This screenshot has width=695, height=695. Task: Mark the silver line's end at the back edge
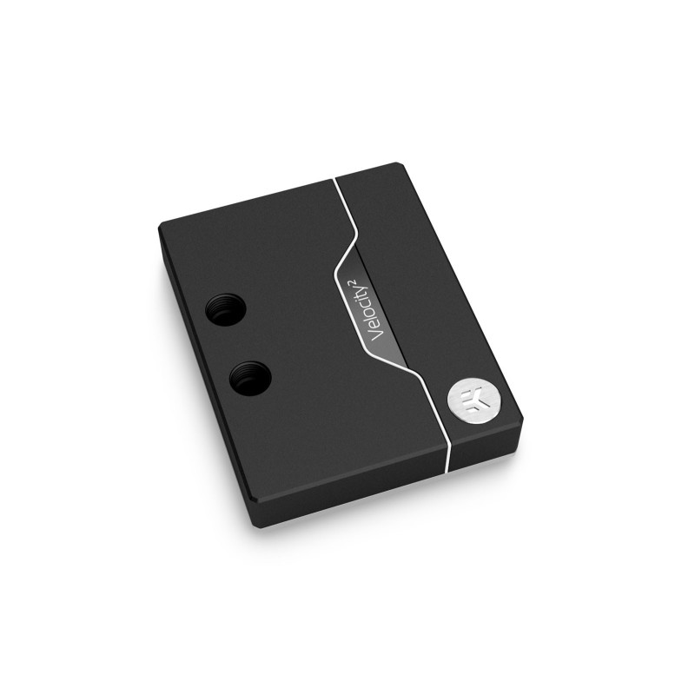[x=334, y=182]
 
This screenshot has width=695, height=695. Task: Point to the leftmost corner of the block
[x=159, y=228]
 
